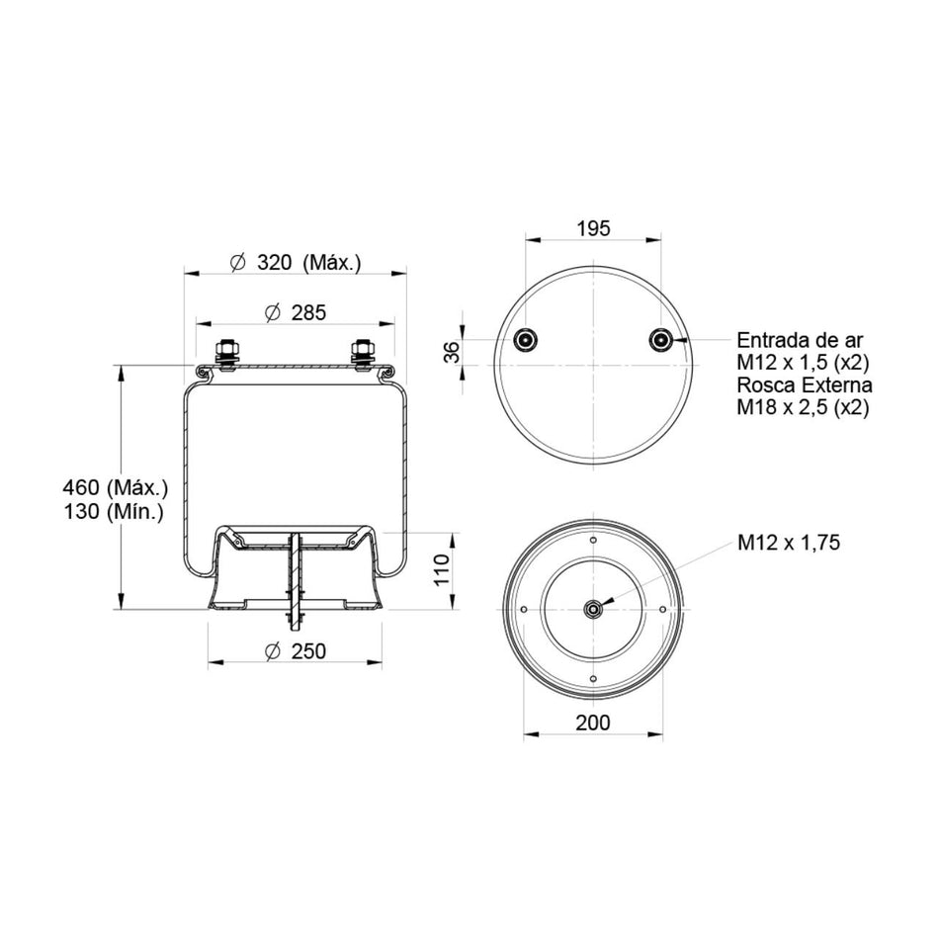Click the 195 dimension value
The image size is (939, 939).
point(593,228)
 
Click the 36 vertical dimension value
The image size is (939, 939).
point(454,352)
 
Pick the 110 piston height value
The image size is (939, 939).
point(442,570)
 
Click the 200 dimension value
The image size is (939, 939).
point(593,723)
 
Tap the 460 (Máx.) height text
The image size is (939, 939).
point(115,487)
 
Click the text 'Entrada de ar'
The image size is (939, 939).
point(800,340)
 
